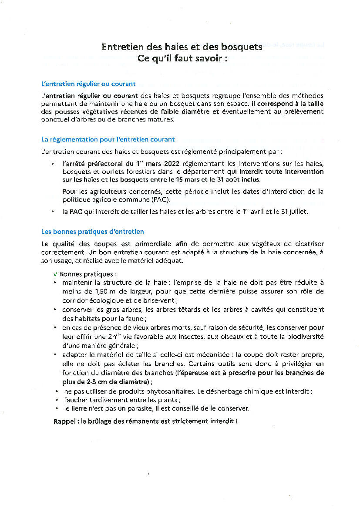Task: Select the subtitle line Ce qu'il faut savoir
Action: point(182,58)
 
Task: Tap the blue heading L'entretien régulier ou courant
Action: point(88,84)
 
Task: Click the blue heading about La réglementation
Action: point(108,139)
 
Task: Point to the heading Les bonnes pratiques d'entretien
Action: point(92,232)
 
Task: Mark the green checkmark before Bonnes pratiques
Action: point(55,275)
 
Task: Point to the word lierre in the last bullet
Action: point(78,408)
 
